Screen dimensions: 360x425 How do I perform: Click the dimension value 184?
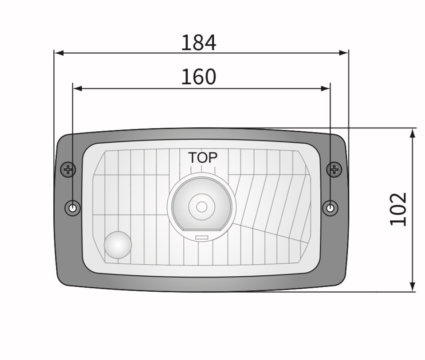tap(198, 43)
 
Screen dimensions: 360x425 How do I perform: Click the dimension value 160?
tap(198, 78)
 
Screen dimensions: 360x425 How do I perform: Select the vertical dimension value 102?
tap(398, 209)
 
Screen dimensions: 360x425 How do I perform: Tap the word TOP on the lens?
tap(203, 158)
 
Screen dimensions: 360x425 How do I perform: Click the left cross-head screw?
tap(68, 169)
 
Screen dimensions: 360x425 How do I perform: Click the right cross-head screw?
tap(334, 169)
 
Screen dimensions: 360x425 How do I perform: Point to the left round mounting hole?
tap(72, 207)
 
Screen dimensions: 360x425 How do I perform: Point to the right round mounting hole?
tap(330, 207)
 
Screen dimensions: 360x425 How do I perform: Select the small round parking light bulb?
tap(118, 244)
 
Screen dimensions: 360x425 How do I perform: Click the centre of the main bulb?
tap(202, 207)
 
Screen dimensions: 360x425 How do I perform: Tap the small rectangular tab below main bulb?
tap(202, 238)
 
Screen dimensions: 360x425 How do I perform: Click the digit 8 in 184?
tap(198, 43)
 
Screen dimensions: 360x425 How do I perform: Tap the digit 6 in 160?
tap(198, 78)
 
